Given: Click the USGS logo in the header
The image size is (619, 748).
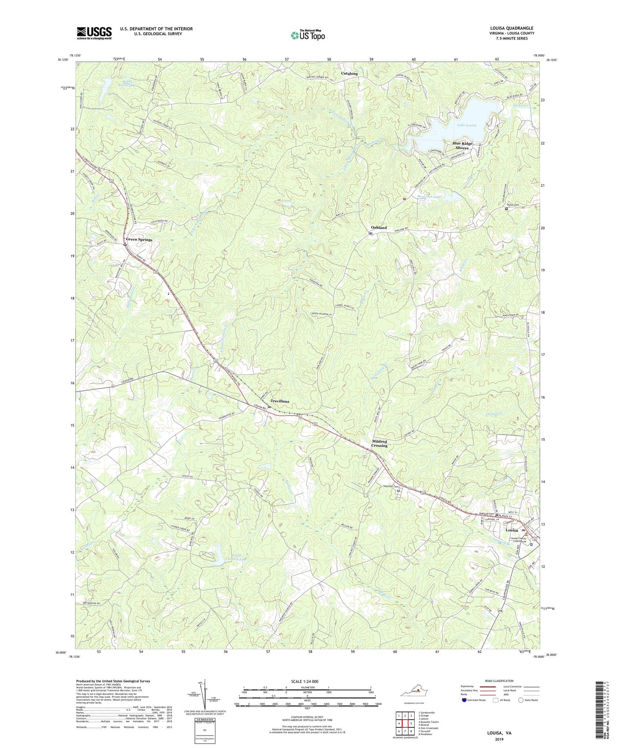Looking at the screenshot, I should coord(94,33).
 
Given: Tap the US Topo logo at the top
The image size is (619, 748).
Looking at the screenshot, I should coord(307,35).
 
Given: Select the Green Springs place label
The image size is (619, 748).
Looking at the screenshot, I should coord(139,239).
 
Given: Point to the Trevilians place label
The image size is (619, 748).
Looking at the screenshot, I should coord(280,401).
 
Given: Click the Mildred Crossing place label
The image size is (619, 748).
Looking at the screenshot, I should coord(379,443).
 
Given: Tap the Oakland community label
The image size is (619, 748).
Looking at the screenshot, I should coord(379,227).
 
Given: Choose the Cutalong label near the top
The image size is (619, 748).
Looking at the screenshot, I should coord(349,74).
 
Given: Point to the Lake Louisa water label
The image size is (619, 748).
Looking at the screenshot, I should coord(466,125).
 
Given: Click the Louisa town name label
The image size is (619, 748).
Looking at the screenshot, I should coord(512,530).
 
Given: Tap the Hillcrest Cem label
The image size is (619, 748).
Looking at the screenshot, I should coord(390,486).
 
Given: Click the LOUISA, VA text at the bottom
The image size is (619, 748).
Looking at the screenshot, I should coord(499,733).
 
